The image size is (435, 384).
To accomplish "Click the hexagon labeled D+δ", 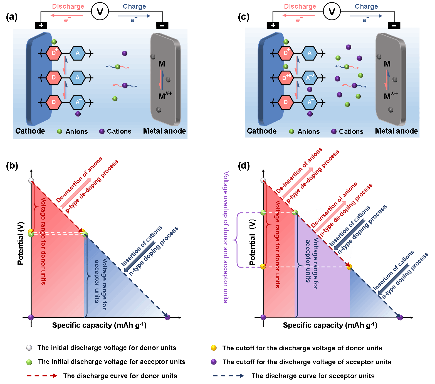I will pyautogui.click(x=286, y=78).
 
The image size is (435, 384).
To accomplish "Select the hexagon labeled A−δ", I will pyautogui.click(x=310, y=78).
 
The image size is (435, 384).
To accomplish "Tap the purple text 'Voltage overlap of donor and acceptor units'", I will pyautogui.click(x=226, y=237).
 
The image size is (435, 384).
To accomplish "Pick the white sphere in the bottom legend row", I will pyautogui.click(x=29, y=348).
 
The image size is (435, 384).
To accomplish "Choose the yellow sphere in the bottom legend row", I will pyautogui.click(x=214, y=348).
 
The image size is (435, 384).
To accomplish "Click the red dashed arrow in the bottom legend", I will pyautogui.click(x=42, y=376).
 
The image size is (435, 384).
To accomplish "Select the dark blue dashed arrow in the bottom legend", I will pyautogui.click(x=228, y=376).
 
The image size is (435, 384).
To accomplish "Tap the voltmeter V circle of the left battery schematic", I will pyautogui.click(x=100, y=12).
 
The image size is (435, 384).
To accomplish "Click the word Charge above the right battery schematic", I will pyautogui.click(x=366, y=6).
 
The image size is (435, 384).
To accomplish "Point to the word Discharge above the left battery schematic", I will pyautogui.click(x=68, y=6).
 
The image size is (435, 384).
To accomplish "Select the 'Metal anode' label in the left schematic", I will pyautogui.click(x=164, y=131).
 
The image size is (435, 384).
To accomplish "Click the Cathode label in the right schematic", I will pyautogui.click(x=262, y=131).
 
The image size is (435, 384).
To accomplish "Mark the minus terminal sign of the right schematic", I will pyautogui.click(x=394, y=26).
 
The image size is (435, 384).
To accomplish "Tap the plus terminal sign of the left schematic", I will pyautogui.click(x=41, y=26).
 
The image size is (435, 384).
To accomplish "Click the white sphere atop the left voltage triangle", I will pyautogui.click(x=31, y=181).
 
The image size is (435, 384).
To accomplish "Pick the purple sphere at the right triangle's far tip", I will pyautogui.click(x=400, y=317).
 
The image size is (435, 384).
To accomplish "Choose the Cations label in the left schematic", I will pyautogui.click(x=119, y=131).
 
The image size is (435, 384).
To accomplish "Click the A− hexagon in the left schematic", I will pyautogui.click(x=78, y=102).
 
